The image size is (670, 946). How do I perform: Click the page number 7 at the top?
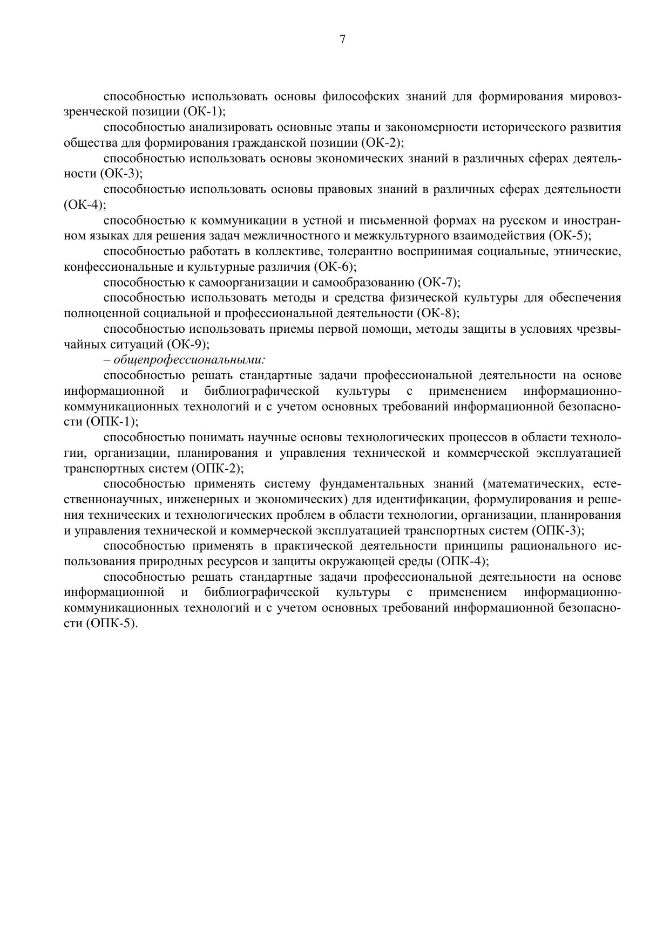pos(342,39)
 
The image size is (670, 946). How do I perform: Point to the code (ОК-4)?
pos(85,205)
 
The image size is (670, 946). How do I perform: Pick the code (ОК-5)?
pos(569,236)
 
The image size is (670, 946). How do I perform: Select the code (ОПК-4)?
pos(462,561)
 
